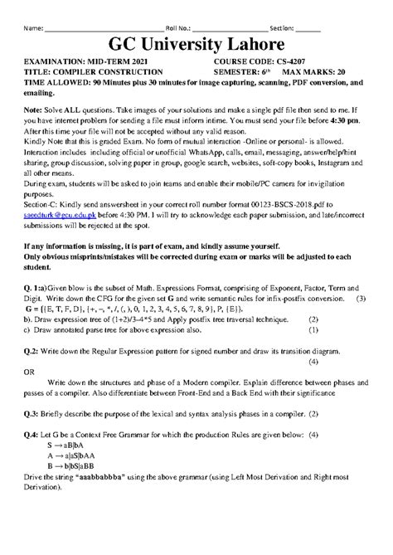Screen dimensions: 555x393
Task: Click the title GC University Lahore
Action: pos(196,43)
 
